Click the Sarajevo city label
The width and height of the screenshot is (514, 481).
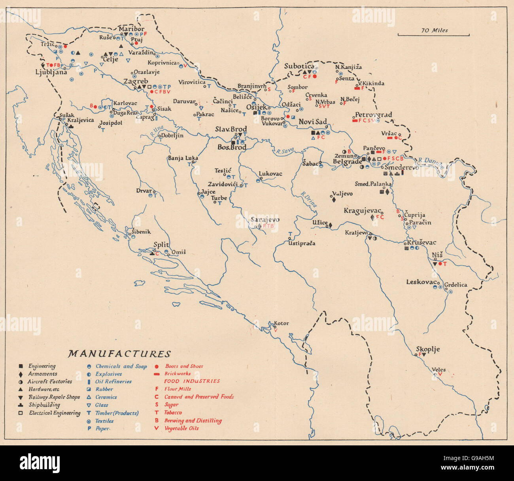click(265, 220)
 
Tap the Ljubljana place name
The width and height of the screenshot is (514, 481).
click(51, 72)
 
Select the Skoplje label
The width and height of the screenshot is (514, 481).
click(427, 349)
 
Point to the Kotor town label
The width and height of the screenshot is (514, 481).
click(281, 323)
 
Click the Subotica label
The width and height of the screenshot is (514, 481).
click(299, 66)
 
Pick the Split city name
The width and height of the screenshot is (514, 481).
click(161, 245)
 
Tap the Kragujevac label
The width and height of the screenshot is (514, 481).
click(362, 210)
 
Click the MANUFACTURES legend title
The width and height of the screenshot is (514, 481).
click(119, 354)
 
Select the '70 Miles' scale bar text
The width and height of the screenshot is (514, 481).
click(435, 30)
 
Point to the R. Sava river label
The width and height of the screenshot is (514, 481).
click(284, 150)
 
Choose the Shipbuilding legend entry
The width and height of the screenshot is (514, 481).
click(44, 405)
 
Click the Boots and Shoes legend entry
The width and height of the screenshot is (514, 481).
click(184, 366)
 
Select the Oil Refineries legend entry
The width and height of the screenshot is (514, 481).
click(113, 382)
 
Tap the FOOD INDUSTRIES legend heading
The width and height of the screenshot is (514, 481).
click(192, 381)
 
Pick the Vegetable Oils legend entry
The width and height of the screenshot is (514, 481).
click(181, 428)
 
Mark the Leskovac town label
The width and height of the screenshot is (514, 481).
click(421, 282)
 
